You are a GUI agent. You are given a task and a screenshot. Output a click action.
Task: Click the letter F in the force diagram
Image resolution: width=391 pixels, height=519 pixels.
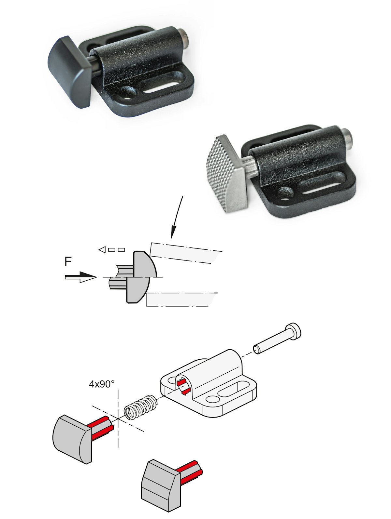(68, 262)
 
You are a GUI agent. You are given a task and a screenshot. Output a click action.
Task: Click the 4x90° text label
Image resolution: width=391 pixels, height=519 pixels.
(102, 384)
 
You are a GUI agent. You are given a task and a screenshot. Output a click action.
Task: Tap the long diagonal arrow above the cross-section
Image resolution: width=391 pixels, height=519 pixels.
(177, 216)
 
